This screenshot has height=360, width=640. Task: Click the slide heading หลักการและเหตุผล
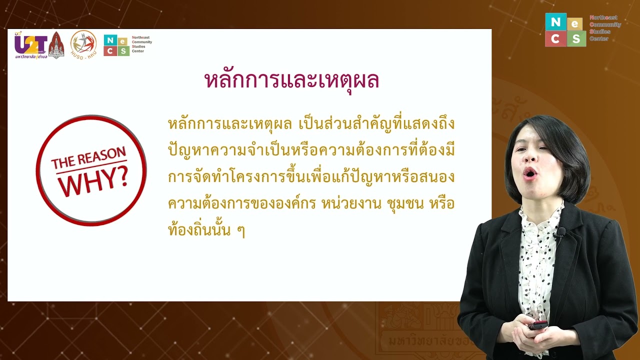click(x=292, y=80)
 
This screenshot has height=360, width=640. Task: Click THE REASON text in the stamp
click(x=88, y=157)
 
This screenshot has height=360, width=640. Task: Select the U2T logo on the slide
click(x=30, y=45)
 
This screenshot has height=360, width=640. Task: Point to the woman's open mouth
click(x=530, y=173)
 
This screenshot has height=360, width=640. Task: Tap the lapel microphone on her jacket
click(x=560, y=232)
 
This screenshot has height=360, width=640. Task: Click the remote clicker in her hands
click(x=538, y=324)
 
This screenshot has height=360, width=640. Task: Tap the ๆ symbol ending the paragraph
click(x=240, y=231)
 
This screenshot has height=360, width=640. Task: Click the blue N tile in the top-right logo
click(x=555, y=22)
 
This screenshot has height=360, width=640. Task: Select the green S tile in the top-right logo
click(x=576, y=39)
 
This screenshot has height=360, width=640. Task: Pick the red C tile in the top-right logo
click(x=555, y=39)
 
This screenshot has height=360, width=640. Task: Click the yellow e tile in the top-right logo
click(x=575, y=24)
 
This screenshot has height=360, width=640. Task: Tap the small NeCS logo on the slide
click(x=116, y=45)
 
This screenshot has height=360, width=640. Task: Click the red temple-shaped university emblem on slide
click(x=56, y=45)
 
